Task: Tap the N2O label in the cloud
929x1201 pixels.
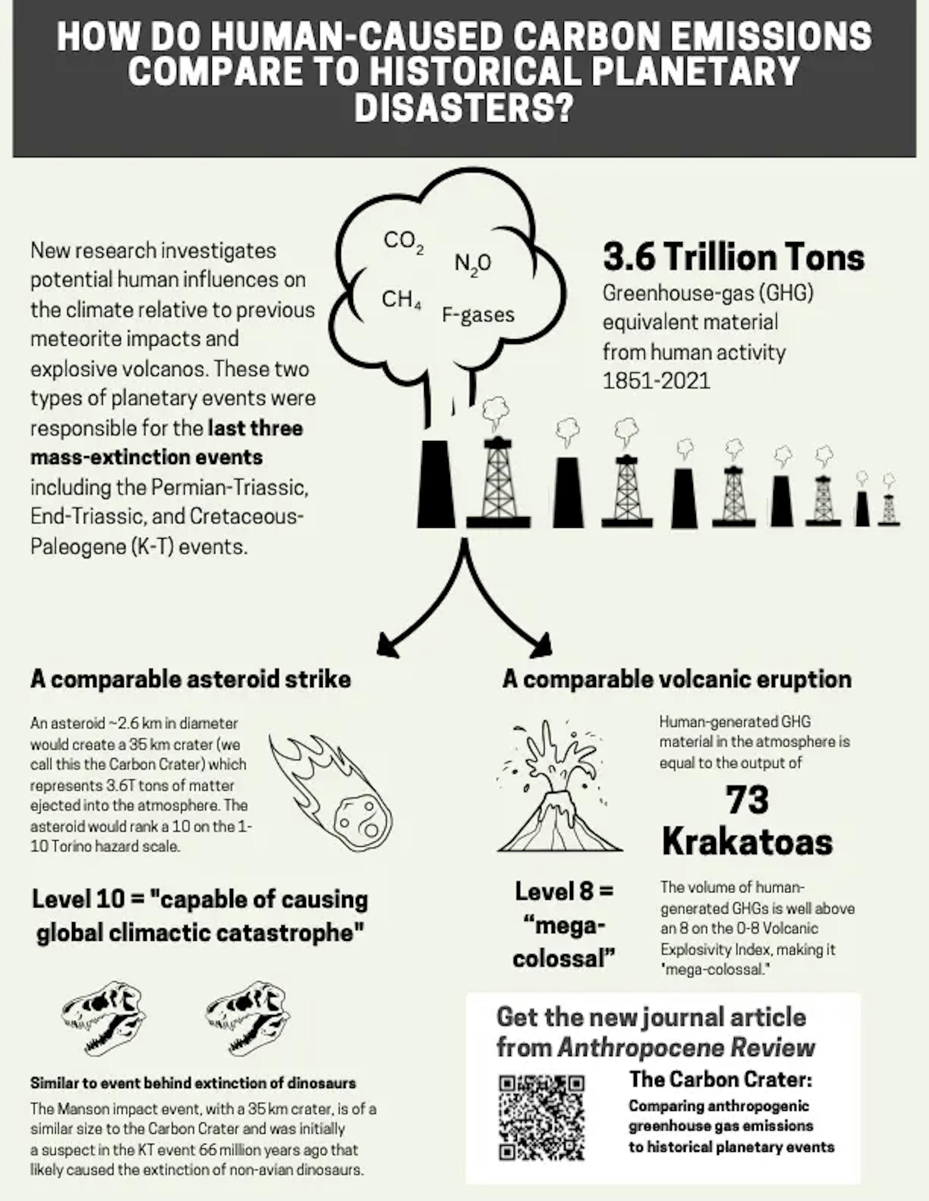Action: pos(472,263)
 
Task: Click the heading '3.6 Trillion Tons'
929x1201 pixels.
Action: pos(734,257)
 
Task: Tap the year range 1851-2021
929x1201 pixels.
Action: pos(656,381)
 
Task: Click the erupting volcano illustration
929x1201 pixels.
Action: pos(558,787)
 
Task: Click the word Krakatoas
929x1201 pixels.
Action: pos(747,841)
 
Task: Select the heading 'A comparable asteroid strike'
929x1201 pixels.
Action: pos(191,679)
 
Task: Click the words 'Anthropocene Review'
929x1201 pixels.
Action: pos(686,1048)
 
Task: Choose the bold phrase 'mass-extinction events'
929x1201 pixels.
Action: pos(147,458)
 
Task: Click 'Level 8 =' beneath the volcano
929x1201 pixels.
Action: pos(563,891)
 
